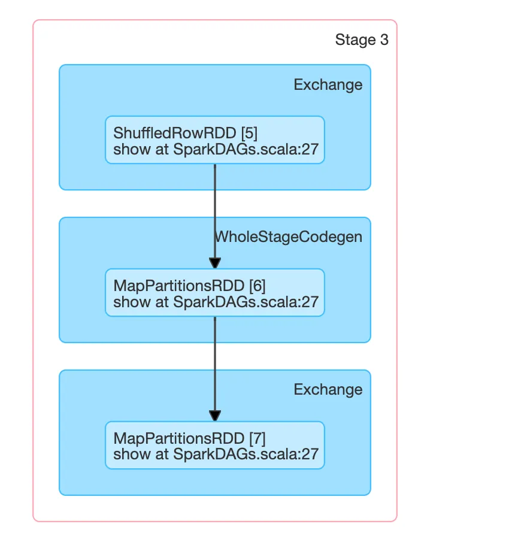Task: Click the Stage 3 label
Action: pyautogui.click(x=362, y=40)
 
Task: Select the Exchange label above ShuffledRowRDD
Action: pyautogui.click(x=328, y=85)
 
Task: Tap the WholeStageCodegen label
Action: pyautogui.click(x=289, y=237)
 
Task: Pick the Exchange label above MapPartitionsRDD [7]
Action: pyautogui.click(x=328, y=390)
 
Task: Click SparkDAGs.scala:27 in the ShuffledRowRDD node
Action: pyautogui.click(x=246, y=150)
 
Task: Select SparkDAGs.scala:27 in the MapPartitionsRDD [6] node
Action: pyautogui.click(x=246, y=302)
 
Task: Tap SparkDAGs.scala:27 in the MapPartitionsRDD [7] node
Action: pyautogui.click(x=246, y=454)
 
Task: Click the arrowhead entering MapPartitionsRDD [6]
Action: pyautogui.click(x=215, y=264)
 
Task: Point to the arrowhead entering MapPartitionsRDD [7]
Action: pyautogui.click(x=215, y=416)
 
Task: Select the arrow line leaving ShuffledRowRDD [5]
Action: pyautogui.click(x=215, y=204)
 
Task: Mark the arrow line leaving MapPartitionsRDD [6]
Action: pyautogui.click(x=215, y=359)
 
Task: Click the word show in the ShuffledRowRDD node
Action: pyautogui.click(x=126, y=150)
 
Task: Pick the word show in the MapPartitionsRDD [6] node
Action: pyautogui.click(x=126, y=302)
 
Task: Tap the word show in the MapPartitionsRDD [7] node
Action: pyautogui.click(x=126, y=454)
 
